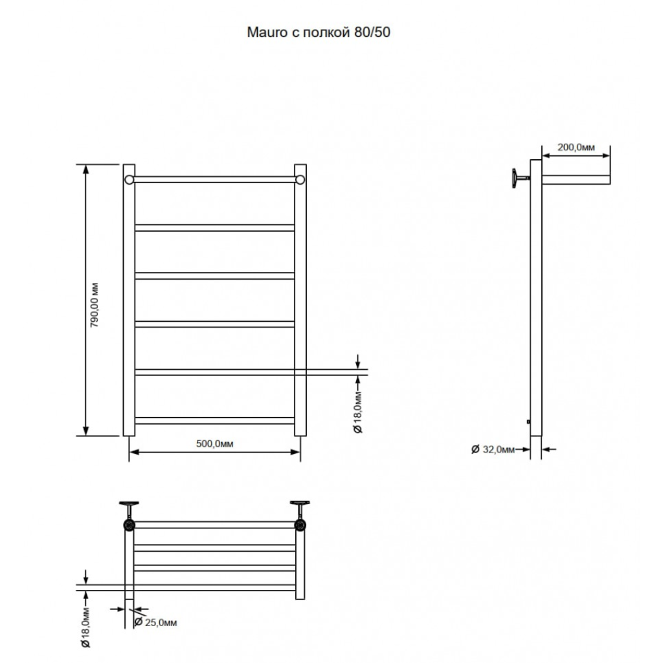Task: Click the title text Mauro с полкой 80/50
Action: pyautogui.click(x=319, y=32)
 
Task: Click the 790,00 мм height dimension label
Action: pyautogui.click(x=95, y=305)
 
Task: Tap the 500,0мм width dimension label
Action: pyautogui.click(x=214, y=444)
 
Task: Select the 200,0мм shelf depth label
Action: pyautogui.click(x=576, y=147)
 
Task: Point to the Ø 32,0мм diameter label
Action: pyautogui.click(x=493, y=449)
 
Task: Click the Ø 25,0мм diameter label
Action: pyautogui.click(x=155, y=622)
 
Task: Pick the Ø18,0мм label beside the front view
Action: pyautogui.click(x=357, y=412)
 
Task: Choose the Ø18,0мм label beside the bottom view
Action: pyautogui.click(x=86, y=627)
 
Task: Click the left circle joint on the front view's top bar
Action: pyautogui.click(x=129, y=180)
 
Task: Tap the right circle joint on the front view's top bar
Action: pyautogui.click(x=300, y=180)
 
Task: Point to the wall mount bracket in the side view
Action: pyautogui.click(x=521, y=178)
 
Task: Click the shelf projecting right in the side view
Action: pyautogui.click(x=576, y=180)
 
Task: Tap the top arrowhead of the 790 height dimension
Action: pyautogui.click(x=86, y=169)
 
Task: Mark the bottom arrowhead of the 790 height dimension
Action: pyautogui.click(x=86, y=431)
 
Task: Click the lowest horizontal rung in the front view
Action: pyautogui.click(x=214, y=421)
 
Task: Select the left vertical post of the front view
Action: pyautogui.click(x=129, y=300)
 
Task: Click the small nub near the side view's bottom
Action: pyautogui.click(x=528, y=421)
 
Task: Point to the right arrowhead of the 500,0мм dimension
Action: pyautogui.click(x=295, y=452)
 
